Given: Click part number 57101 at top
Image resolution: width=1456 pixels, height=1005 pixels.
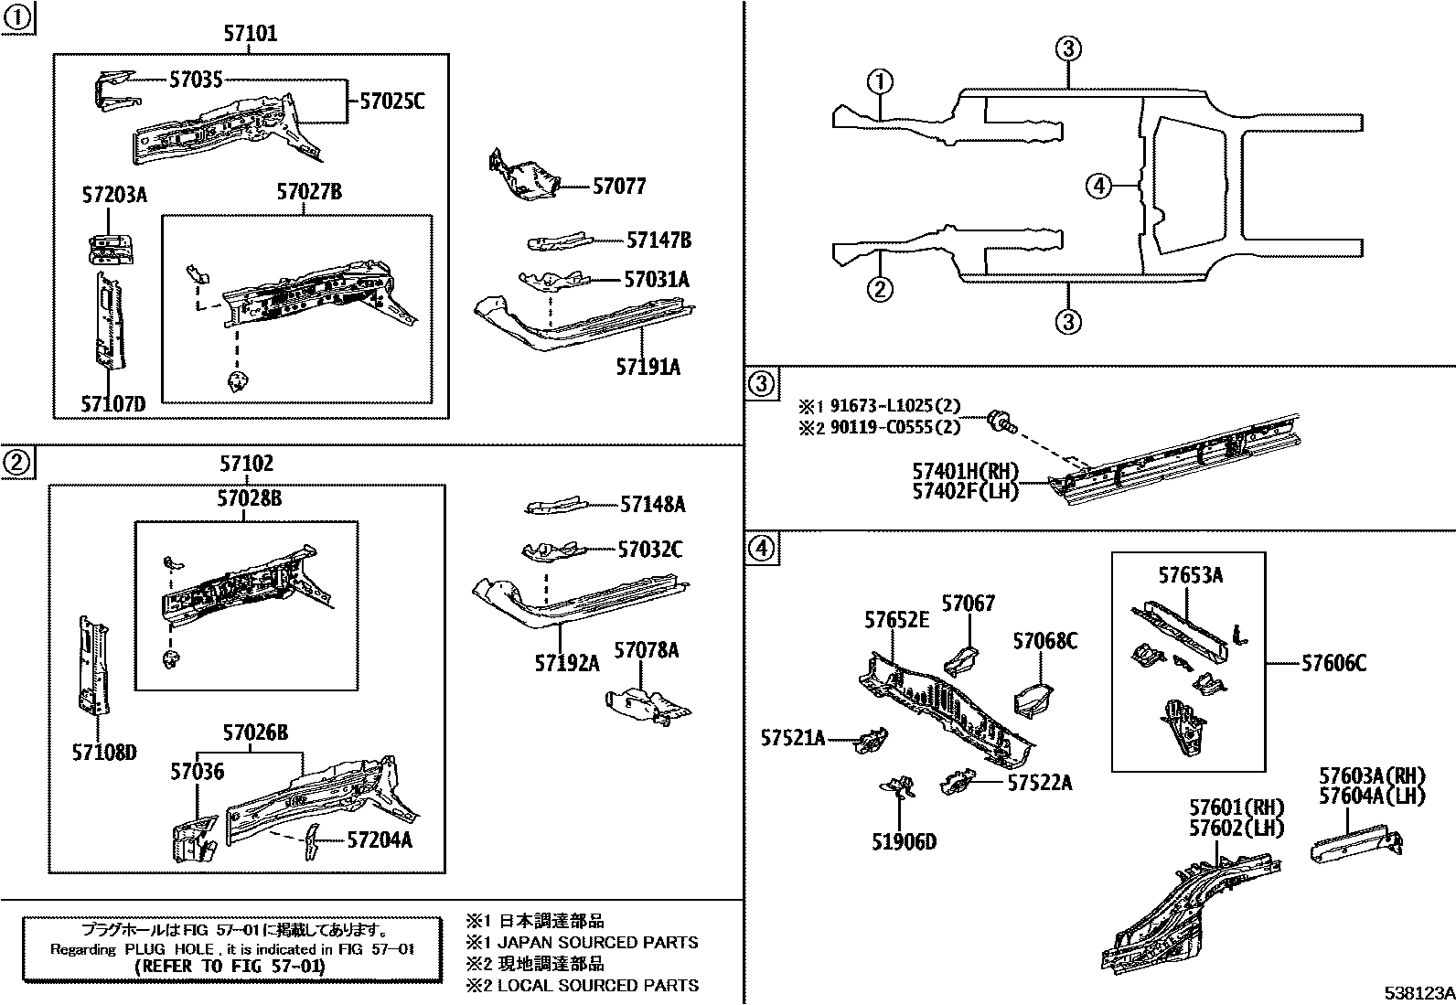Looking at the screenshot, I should (250, 34).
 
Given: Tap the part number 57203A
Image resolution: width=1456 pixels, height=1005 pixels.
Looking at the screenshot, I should (114, 195).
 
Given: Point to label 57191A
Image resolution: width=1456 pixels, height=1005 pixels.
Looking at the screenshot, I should (648, 367).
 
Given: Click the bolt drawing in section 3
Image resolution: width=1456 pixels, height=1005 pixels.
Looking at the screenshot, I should (1002, 423).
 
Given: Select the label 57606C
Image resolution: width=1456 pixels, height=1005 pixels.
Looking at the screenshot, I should (1333, 663).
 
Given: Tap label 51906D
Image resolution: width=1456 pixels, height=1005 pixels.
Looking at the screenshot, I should (904, 841).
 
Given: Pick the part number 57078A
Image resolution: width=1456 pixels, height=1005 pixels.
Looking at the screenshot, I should (646, 650).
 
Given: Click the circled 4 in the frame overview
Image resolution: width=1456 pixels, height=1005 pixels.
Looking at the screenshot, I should (1098, 187).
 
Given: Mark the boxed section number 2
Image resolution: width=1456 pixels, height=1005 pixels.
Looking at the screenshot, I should (17, 464).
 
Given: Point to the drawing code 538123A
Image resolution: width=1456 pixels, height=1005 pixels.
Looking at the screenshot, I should (1418, 992).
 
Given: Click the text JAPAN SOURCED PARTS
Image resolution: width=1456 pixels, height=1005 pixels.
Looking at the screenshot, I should (597, 943).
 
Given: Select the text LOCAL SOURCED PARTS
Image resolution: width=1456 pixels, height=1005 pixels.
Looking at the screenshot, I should (597, 985).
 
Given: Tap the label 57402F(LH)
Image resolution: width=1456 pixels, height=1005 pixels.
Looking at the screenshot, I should (964, 491).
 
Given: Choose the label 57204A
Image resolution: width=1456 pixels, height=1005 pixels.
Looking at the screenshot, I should (379, 839).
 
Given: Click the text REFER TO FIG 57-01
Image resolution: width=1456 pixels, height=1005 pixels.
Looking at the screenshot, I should (229, 966).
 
